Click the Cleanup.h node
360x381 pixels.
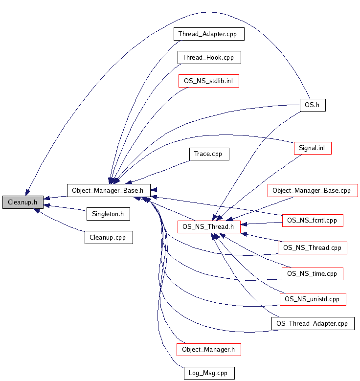(x=22, y=202)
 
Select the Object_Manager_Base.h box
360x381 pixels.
(x=108, y=190)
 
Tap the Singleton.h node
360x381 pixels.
(x=108, y=214)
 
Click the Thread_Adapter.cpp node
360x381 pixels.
(x=208, y=34)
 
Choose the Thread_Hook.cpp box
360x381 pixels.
(x=208, y=57)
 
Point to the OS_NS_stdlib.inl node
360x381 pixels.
(x=208, y=81)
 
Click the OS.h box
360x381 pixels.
(x=312, y=105)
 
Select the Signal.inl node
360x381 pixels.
(x=313, y=148)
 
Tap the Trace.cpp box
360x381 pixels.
(x=208, y=154)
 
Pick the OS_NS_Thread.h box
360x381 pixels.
(x=208, y=226)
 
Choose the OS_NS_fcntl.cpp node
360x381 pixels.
(x=313, y=221)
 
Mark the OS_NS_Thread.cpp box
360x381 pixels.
(x=313, y=247)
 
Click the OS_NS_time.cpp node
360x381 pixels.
(x=313, y=274)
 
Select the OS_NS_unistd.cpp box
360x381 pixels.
(x=313, y=299)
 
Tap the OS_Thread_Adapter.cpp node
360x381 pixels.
(x=313, y=323)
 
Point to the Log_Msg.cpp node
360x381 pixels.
(x=208, y=373)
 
